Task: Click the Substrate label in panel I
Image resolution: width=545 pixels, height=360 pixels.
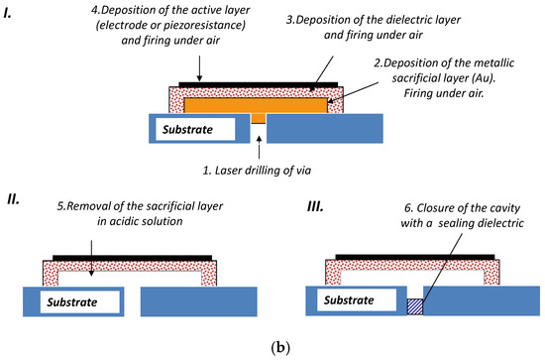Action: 189,128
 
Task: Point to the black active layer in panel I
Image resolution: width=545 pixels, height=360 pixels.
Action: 258,83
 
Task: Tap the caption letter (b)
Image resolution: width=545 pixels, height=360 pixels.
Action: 272,347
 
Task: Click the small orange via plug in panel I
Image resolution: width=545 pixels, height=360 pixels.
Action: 258,118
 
